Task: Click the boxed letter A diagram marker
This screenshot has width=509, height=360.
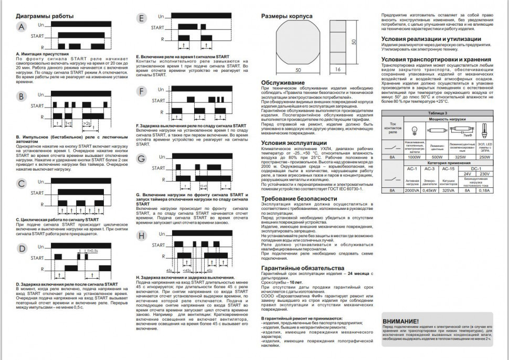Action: pyautogui.click(x=21, y=27)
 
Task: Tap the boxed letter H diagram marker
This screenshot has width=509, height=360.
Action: pyautogui.click(x=141, y=236)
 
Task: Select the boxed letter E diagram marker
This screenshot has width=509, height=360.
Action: pyautogui.click(x=141, y=20)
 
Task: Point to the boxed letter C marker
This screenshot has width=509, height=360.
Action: pyautogui.click(x=21, y=184)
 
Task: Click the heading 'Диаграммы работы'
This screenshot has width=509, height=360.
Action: pyautogui.click(x=45, y=16)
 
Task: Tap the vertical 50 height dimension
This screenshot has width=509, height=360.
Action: pyautogui.click(x=354, y=41)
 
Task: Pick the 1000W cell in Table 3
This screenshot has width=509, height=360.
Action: pyautogui.click(x=414, y=157)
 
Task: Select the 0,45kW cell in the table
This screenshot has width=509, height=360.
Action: pyautogui.click(x=430, y=190)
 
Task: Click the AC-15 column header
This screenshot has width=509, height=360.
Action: pyautogui.click(x=448, y=168)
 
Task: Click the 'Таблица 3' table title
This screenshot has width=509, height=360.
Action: pyautogui.click(x=438, y=113)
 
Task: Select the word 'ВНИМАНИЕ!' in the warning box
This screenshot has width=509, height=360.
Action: pyautogui.click(x=400, y=321)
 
